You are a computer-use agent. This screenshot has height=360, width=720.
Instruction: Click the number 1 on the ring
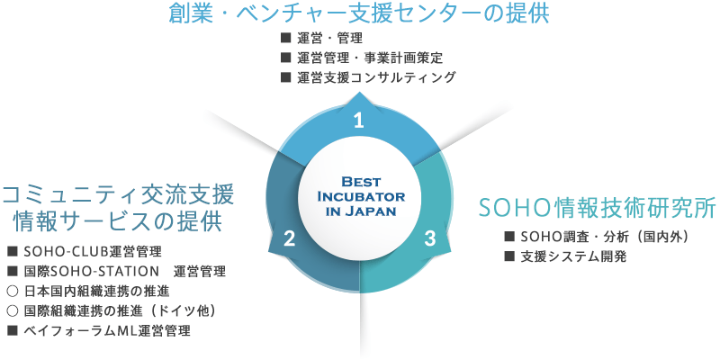(x=358, y=121)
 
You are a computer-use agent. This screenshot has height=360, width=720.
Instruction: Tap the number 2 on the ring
(x=289, y=238)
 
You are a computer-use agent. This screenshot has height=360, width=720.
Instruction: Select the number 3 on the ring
(x=429, y=238)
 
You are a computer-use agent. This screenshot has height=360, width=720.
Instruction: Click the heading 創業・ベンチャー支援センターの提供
(x=359, y=14)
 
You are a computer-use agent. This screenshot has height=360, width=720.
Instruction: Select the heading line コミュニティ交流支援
(x=118, y=195)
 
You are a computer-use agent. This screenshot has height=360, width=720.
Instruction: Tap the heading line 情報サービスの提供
(x=118, y=221)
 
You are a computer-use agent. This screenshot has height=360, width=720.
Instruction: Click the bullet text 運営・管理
(x=329, y=38)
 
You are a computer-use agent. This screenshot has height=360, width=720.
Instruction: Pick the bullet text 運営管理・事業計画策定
(x=370, y=58)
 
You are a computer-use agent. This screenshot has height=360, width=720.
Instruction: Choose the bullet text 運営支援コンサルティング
(x=376, y=77)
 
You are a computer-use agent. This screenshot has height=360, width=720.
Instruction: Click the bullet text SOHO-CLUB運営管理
(x=93, y=252)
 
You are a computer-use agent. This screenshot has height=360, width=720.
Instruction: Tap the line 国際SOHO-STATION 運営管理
(x=124, y=272)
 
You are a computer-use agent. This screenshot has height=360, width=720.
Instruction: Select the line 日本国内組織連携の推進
(x=96, y=291)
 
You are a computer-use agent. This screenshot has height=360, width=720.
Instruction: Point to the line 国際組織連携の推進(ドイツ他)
(x=120, y=310)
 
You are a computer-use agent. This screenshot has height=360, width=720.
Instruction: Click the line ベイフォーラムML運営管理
(x=106, y=330)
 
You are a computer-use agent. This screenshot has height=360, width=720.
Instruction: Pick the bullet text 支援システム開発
(x=573, y=256)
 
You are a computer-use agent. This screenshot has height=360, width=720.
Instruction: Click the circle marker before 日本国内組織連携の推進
(x=13, y=291)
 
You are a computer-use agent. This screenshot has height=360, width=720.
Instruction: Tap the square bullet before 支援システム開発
(x=508, y=256)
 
